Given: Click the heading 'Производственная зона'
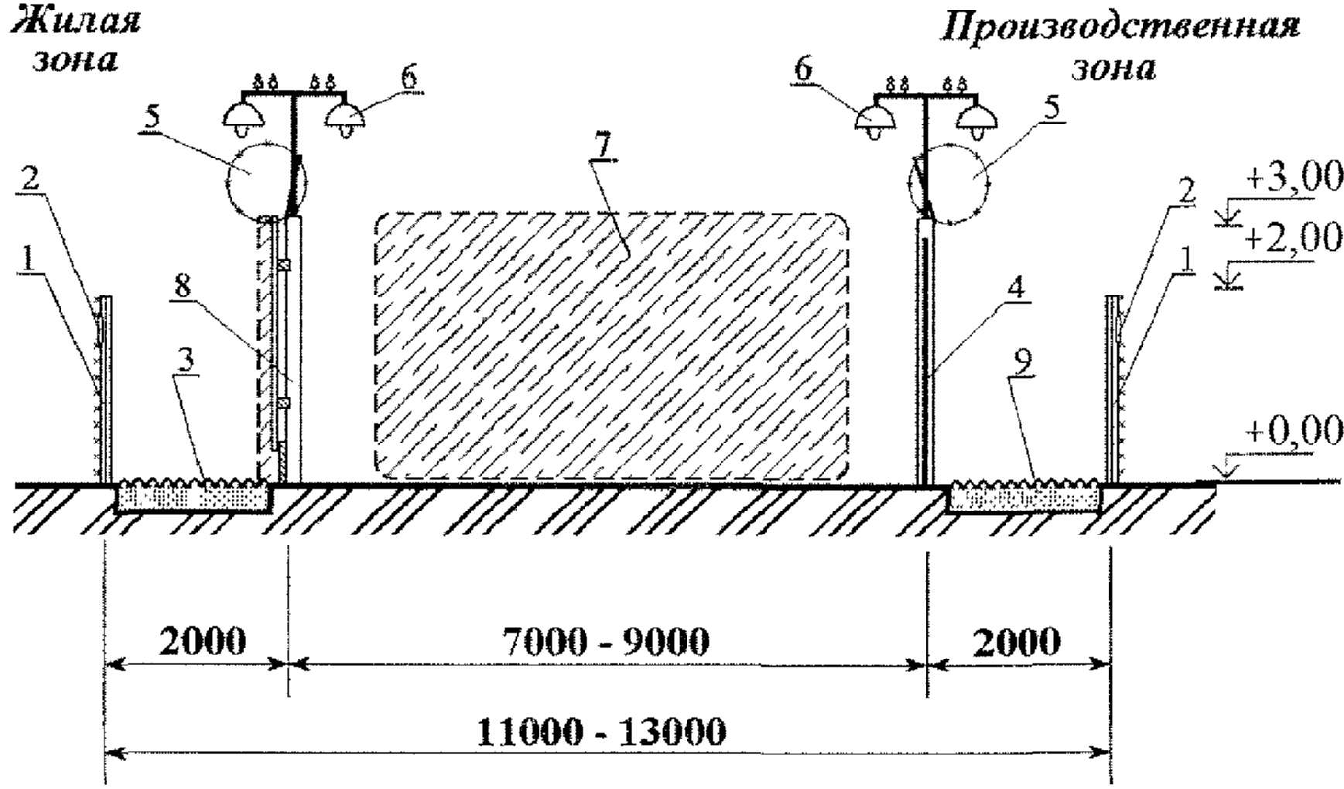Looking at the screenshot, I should (1119, 46).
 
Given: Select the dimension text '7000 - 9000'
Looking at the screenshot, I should (605, 641).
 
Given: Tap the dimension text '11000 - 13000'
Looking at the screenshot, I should (601, 732).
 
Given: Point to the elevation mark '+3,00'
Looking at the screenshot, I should (1294, 177).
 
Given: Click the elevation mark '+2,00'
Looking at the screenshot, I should (1294, 236).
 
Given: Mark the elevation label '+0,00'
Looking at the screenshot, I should (1294, 431).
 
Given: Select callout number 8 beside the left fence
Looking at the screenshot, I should (183, 286).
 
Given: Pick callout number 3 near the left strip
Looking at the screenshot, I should (186, 361).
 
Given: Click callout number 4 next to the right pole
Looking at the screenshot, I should (1016, 287).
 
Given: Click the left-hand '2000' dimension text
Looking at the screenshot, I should (203, 641).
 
